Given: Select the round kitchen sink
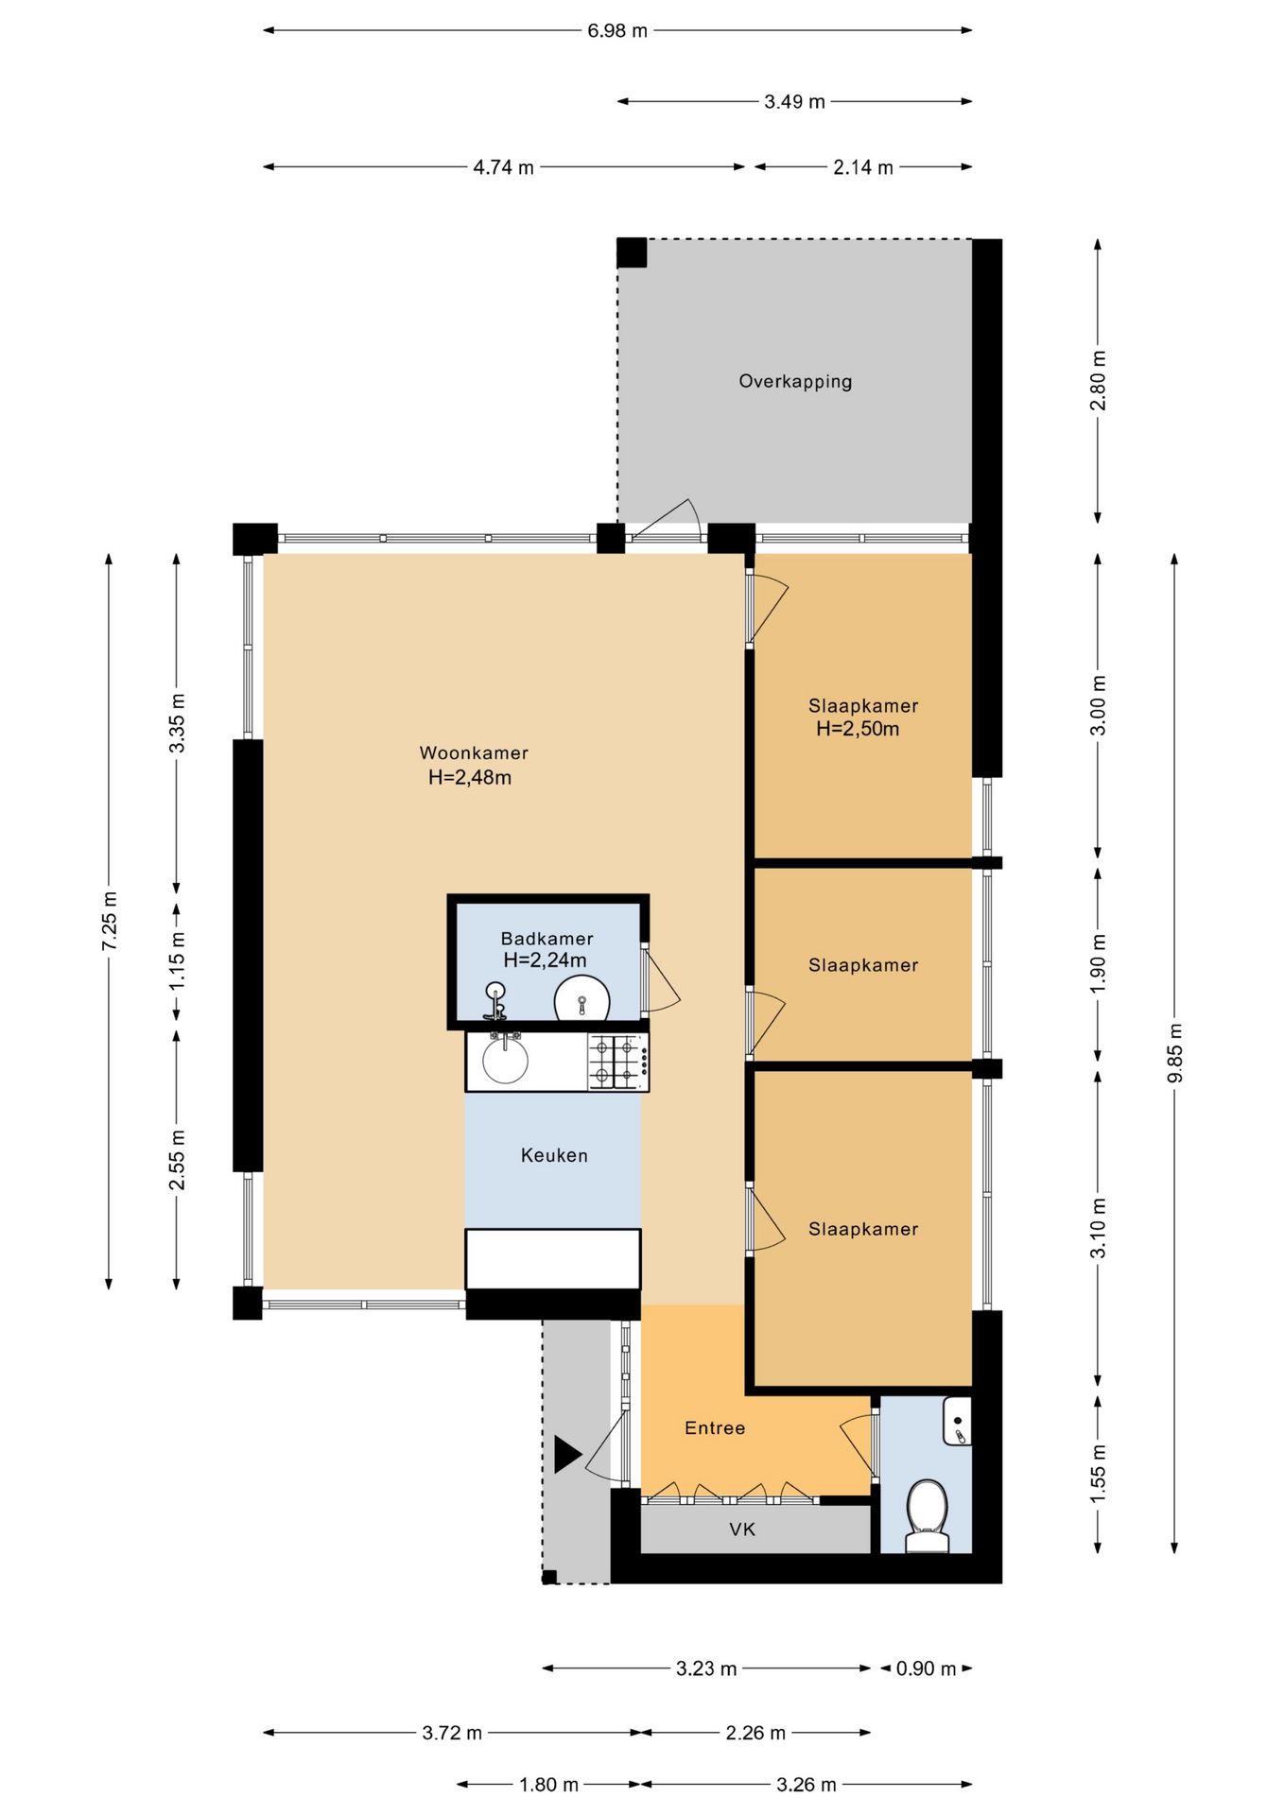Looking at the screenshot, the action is click(506, 1061).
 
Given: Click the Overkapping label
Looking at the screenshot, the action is click(795, 381).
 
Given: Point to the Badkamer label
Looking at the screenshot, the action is click(547, 939).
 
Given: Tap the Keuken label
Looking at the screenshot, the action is click(554, 1155).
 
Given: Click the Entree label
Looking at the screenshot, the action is click(715, 1428).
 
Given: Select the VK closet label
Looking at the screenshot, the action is click(742, 1530).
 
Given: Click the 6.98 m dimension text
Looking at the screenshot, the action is click(617, 30).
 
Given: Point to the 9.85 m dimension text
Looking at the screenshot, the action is click(1175, 1054).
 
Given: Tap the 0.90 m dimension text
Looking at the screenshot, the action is click(927, 1668).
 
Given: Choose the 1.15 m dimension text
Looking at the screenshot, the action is click(177, 960).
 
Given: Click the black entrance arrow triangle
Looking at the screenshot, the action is click(567, 1454).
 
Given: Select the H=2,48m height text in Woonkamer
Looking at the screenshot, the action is click(470, 778).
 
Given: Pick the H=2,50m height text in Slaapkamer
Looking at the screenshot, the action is click(858, 729).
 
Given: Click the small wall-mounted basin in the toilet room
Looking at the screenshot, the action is click(957, 1421).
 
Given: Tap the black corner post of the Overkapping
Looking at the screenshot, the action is click(632, 253).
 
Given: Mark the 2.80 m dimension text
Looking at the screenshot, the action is click(1099, 380).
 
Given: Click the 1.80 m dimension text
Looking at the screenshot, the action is click(548, 1785).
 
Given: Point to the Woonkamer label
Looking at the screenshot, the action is click(474, 753).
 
